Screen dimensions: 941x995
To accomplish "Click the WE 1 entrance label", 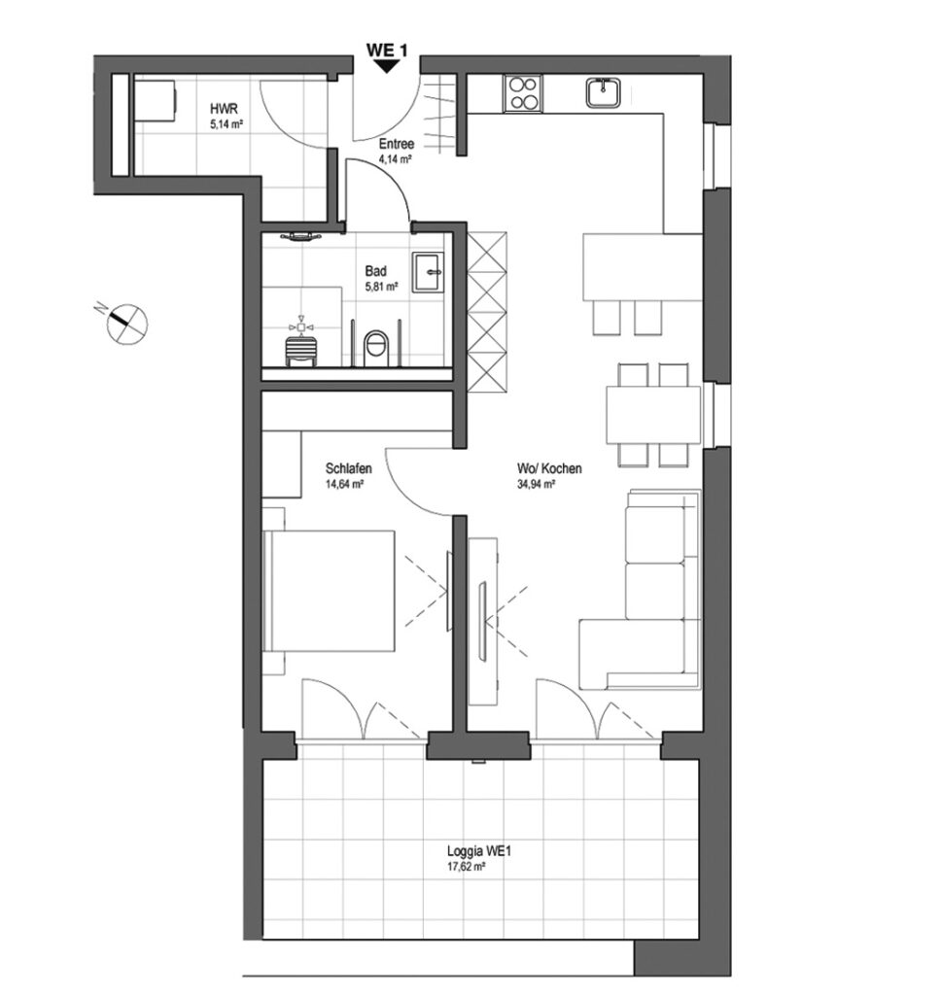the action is pos(386,50).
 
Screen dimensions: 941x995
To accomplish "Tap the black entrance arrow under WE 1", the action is pos(386,67).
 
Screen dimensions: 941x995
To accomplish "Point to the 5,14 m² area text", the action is pos(227,125).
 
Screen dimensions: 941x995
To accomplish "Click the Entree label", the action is pos(397,144).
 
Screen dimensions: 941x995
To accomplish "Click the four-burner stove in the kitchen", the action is pos(523,93).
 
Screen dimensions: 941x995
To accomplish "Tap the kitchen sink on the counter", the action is pos(605,92).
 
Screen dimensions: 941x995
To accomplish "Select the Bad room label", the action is pos(375,271).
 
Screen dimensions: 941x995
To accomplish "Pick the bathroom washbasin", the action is pos(429,272).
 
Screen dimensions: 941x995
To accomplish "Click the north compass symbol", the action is pos(125,323).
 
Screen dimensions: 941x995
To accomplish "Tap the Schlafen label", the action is pos(349,469).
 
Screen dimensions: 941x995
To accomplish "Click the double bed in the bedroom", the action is pos(329,591).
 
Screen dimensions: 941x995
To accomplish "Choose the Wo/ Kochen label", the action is pos(549,469).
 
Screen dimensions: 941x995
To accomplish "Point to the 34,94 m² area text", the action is pos(537,484).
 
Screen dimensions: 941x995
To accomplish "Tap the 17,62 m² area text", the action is pos(467,866).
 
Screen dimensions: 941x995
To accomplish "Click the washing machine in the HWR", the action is pos(155,100).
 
